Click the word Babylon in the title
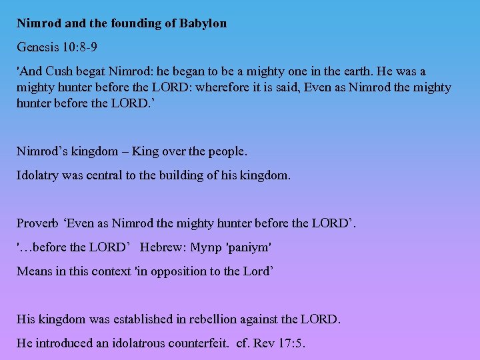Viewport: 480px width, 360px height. pos(203,23)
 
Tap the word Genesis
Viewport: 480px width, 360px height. pos(37,48)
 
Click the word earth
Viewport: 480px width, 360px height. pos(342,71)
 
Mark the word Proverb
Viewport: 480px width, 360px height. pos(38,223)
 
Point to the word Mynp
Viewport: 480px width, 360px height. pos(207,247)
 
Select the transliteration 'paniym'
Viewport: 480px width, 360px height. pos(249,247)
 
